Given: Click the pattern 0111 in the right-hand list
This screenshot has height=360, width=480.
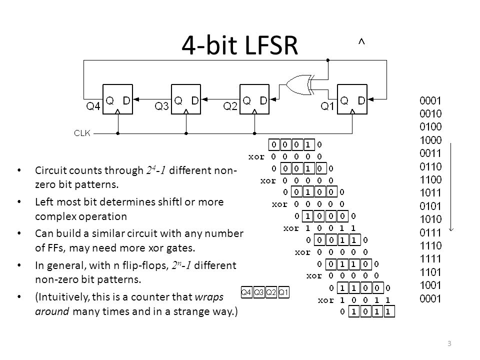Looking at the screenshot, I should (430, 231).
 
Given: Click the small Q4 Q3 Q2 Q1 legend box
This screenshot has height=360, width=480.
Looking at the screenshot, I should (265, 292).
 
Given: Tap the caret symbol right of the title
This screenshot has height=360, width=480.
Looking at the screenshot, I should (361, 43).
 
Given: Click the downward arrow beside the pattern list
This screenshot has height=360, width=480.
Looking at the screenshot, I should (452, 185).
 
